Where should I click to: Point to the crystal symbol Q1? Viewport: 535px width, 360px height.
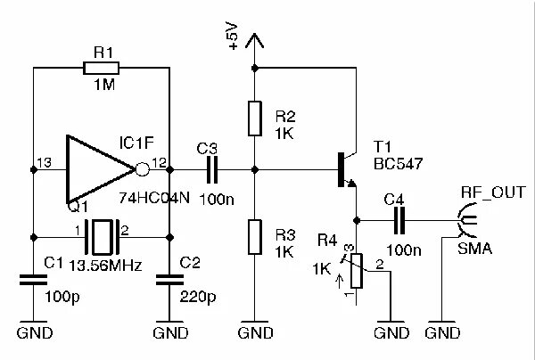[x=103, y=237]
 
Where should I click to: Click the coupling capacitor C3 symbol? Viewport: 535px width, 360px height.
[x=212, y=167]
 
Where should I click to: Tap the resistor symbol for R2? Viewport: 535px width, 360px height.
[x=255, y=117]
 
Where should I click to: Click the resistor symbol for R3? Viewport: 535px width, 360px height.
[x=255, y=235]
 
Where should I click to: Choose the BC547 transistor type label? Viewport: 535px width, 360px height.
[x=397, y=164]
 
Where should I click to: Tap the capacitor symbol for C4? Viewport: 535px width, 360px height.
[x=400, y=220]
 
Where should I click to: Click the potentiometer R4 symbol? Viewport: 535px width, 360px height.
[x=357, y=270]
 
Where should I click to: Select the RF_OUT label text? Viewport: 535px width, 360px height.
[x=493, y=192]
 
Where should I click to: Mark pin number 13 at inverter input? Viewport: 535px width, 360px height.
[x=43, y=161]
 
